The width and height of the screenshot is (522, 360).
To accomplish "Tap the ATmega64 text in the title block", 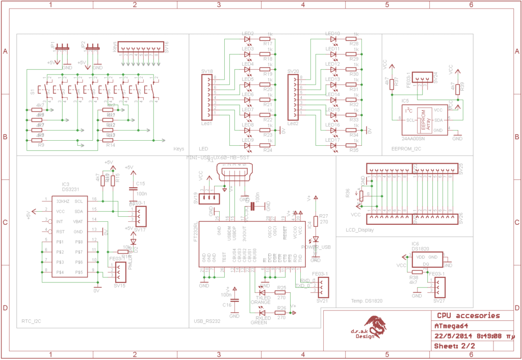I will click(451, 326).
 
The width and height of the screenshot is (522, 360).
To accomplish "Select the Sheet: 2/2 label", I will click(457, 346).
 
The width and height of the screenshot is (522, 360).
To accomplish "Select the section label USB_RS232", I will click(207, 322).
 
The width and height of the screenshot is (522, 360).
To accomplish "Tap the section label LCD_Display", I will click(360, 230).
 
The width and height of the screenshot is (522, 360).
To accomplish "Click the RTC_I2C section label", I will click(32, 322).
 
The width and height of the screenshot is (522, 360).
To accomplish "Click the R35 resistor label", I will click(354, 151).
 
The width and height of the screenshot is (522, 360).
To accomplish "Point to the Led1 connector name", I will click(206, 123).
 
